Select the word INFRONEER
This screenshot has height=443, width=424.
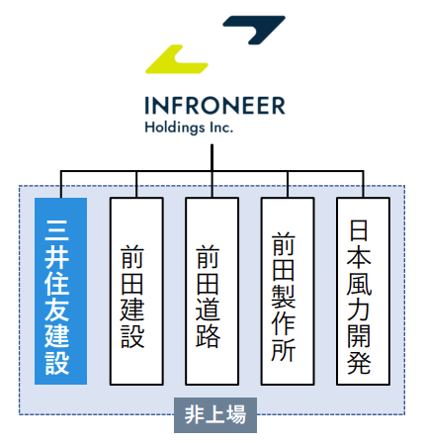[214, 106]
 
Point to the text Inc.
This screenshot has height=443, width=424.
[221, 128]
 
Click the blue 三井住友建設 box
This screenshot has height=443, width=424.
[61, 291]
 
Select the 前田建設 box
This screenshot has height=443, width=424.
[136, 291]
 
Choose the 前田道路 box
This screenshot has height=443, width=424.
[212, 291]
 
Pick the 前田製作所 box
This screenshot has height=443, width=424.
[288, 291]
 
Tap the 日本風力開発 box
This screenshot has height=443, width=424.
[363, 291]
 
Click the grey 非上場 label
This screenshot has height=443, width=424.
[215, 415]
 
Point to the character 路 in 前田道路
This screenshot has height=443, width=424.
[208, 336]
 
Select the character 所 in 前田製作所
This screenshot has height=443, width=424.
[284, 349]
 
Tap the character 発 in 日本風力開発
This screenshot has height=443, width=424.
[359, 363]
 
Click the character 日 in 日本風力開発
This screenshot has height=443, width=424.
[359, 230]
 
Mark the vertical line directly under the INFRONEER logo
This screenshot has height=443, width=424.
[212, 157]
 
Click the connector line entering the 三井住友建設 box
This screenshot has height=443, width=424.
[61, 184]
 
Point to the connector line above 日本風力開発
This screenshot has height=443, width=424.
[364, 184]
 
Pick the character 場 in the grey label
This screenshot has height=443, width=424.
[234, 415]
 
